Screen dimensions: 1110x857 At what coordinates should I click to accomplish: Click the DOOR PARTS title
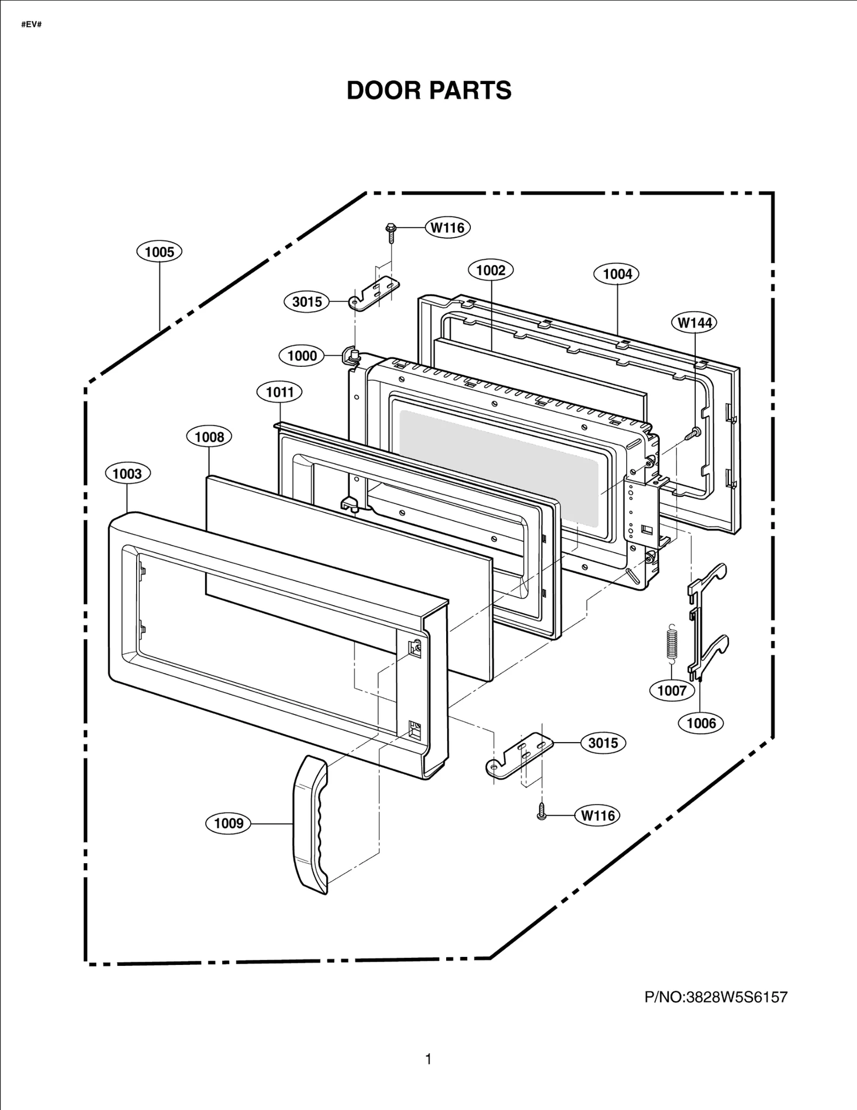428,90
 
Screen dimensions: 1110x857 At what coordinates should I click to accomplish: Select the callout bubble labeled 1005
160,252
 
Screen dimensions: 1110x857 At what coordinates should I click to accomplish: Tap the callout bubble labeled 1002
491,270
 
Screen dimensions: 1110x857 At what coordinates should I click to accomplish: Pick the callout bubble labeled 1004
617,274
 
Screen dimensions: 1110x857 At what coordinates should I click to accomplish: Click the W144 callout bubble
694,323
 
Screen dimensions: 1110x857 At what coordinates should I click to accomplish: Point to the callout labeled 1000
302,356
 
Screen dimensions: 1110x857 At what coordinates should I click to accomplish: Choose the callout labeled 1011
280,392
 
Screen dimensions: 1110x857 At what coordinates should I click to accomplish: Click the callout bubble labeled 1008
209,437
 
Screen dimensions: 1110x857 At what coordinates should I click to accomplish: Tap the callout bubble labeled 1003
127,473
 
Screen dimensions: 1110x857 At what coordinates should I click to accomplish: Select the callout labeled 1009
229,823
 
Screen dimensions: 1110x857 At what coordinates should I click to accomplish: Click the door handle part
310,825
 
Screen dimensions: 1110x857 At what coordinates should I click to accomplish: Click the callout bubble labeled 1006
701,723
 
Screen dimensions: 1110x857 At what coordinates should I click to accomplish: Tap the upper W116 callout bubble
448,228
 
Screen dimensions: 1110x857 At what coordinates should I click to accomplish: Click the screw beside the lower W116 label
542,815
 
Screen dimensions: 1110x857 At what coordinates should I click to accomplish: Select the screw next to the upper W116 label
390,230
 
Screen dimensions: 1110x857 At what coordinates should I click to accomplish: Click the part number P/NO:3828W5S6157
716,997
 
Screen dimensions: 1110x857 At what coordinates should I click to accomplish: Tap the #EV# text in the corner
31,25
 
